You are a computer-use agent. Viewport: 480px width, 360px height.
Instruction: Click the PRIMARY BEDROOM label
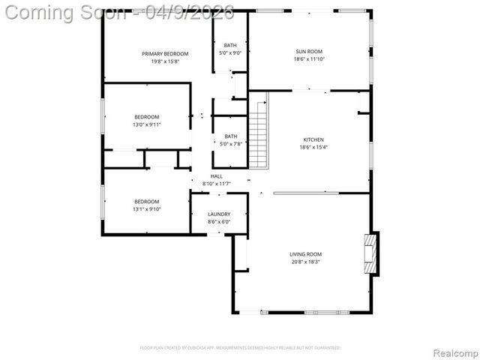click(x=165, y=53)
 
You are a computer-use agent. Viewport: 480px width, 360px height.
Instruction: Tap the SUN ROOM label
click(x=308, y=51)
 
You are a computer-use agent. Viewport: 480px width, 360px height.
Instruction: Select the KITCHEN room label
click(x=313, y=139)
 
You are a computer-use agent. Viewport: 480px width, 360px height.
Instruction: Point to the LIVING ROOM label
click(x=305, y=254)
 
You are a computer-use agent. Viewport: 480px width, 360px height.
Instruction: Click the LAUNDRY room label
click(x=219, y=214)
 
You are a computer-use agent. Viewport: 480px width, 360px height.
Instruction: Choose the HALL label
click(x=216, y=176)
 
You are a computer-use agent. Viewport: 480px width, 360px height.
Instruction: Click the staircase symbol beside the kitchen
click(x=257, y=134)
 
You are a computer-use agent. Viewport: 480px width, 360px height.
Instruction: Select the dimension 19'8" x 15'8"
click(x=165, y=61)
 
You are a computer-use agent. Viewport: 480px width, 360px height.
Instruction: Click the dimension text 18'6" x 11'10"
click(x=308, y=58)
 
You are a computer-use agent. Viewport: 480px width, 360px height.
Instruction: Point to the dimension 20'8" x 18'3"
click(x=305, y=262)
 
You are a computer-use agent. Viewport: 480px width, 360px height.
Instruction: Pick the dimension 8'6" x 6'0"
click(x=219, y=222)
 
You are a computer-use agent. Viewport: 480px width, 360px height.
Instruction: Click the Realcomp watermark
click(x=452, y=352)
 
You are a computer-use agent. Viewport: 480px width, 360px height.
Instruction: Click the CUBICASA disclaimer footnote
click(x=240, y=348)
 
